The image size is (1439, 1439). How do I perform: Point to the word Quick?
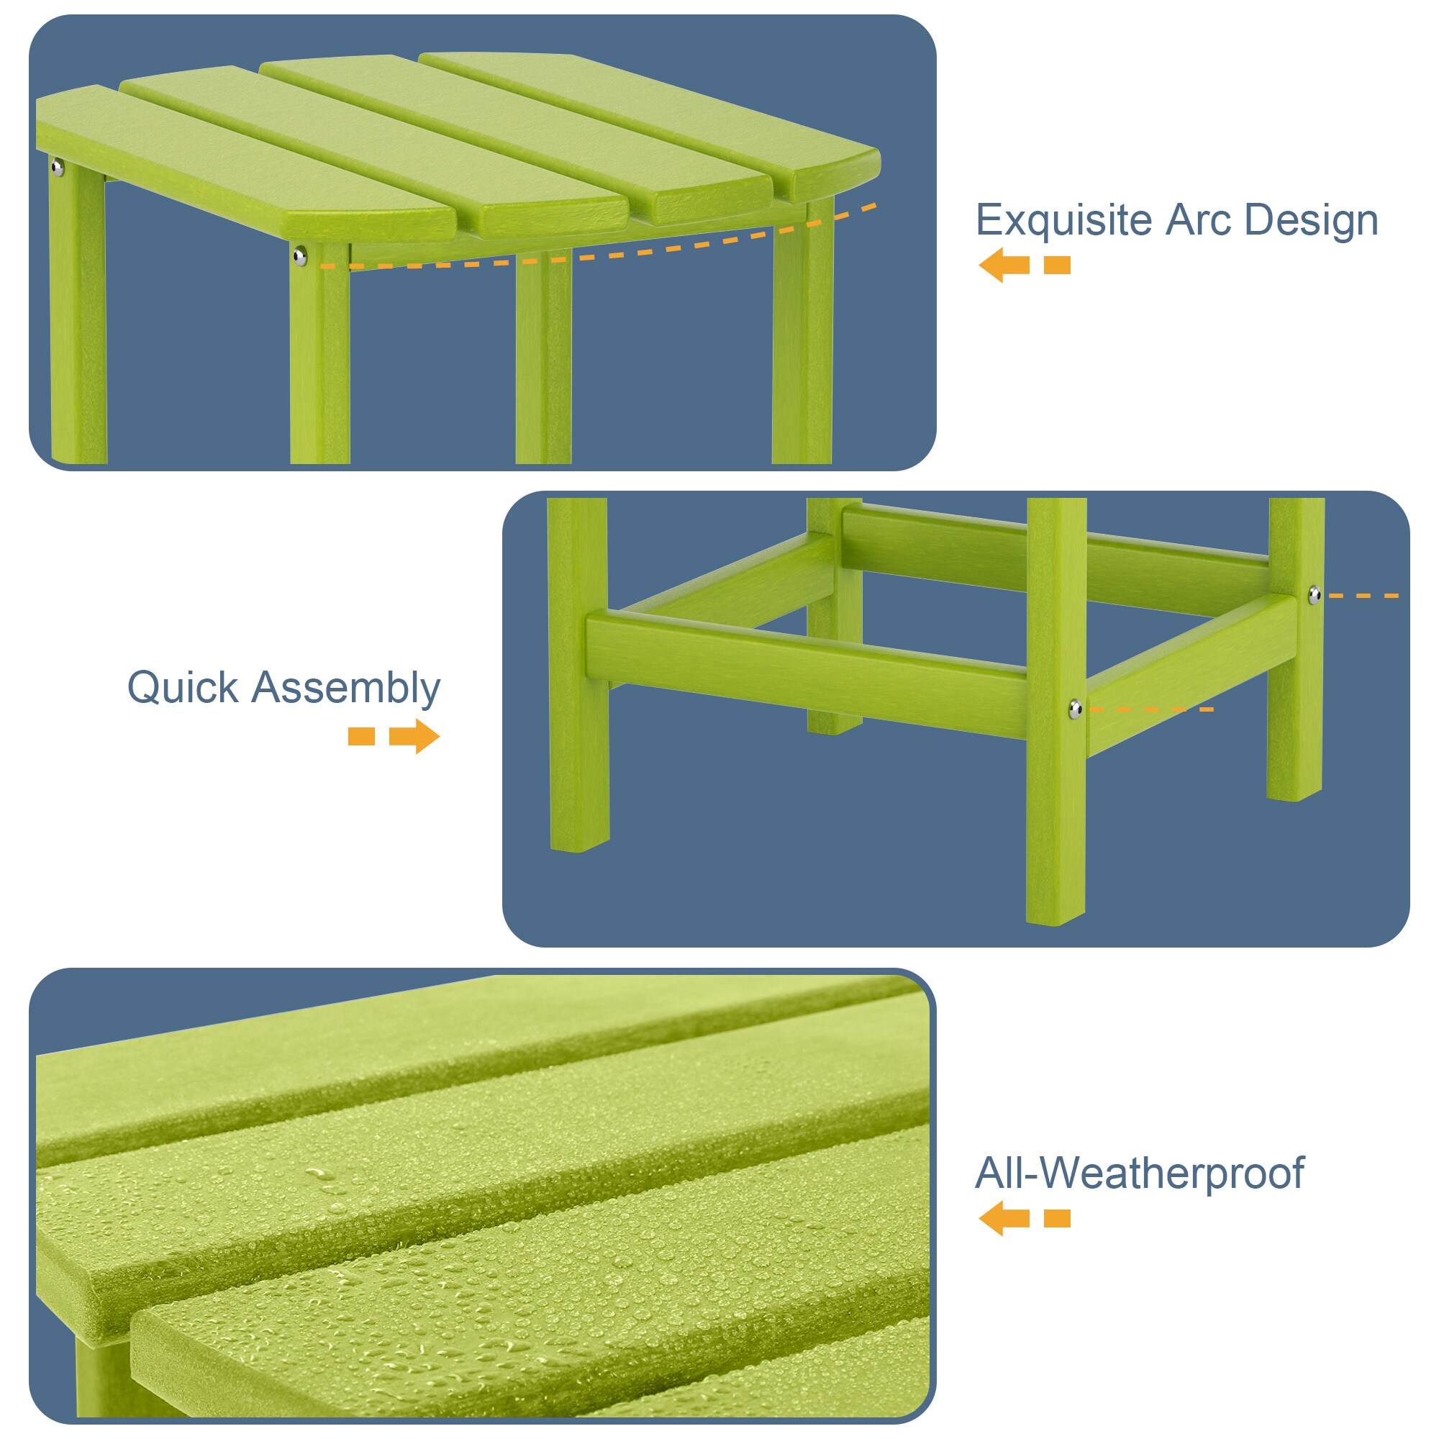tap(183, 687)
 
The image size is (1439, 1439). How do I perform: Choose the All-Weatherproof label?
tap(1139, 1173)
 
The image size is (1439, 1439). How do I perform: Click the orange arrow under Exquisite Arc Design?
tap(1003, 265)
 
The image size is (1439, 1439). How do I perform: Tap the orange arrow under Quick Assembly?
tap(414, 737)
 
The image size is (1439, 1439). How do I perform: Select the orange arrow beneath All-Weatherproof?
tap(1003, 1219)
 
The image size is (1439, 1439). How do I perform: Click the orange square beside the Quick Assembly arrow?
tap(361, 737)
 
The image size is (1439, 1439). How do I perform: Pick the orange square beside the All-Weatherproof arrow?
tap(1057, 1219)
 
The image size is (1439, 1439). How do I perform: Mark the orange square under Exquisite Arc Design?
tap(1057, 265)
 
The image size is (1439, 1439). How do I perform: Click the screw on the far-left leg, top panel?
tap(58, 167)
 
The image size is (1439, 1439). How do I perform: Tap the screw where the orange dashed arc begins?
tap(299, 257)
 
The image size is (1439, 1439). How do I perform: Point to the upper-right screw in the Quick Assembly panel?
tap(1315, 594)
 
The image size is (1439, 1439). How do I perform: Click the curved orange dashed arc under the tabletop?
tap(596, 257)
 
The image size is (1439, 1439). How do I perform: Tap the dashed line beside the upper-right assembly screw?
tap(1363, 596)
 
